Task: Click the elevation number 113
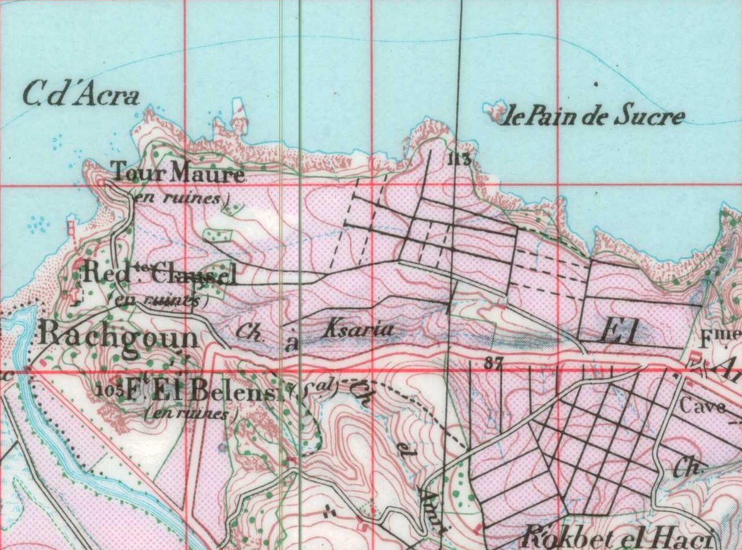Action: tap(458, 158)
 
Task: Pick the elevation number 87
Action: tap(492, 365)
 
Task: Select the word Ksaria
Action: tap(357, 330)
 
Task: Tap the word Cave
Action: tap(702, 406)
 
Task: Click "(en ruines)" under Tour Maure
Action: tap(181, 198)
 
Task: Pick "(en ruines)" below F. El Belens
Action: tap(191, 414)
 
